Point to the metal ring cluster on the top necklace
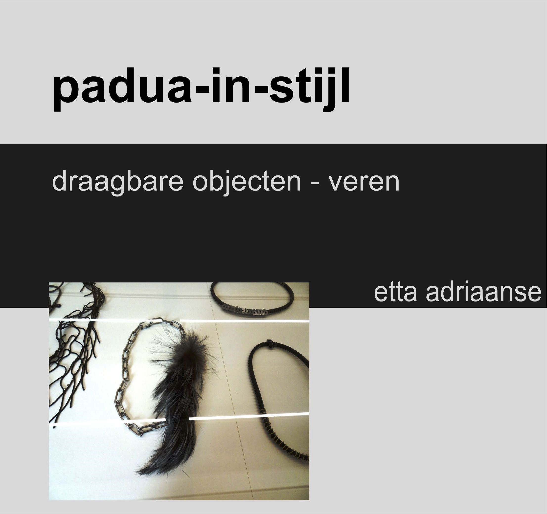245,312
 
